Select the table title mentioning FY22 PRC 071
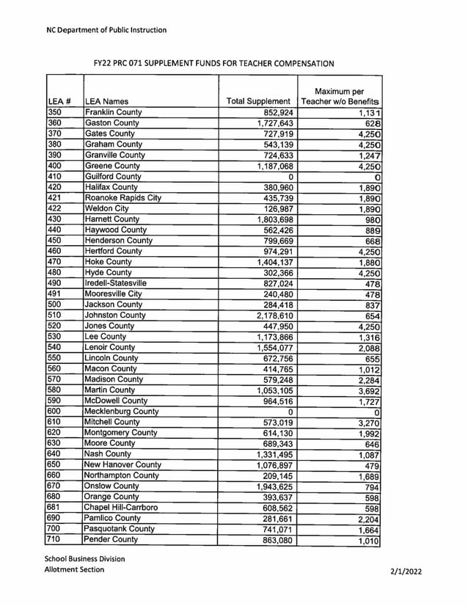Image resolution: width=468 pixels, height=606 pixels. tap(213, 64)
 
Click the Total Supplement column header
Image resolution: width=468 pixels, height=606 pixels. tap(258, 101)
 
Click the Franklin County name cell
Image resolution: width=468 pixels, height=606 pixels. tap(113, 112)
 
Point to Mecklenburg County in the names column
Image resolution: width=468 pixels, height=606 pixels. tap(122, 412)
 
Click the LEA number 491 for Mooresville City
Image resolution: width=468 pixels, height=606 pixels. tap(56, 294)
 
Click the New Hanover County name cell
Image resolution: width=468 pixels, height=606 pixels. tap(123, 464)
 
